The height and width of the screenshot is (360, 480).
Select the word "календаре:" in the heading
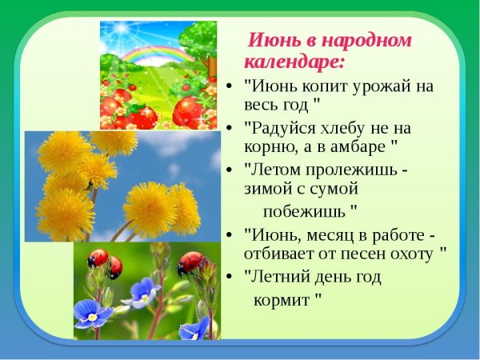click(x=294, y=61)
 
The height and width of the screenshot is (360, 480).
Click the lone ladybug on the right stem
click(x=190, y=262)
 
